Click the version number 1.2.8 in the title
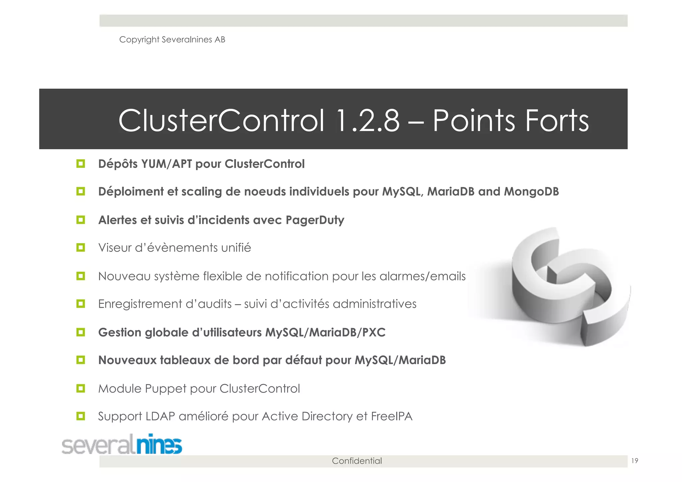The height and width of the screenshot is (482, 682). pos(368,121)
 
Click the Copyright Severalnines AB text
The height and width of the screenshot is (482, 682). pos(172,40)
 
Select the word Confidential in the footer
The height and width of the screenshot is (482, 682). pos(357,461)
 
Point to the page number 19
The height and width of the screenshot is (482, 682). pos(635,461)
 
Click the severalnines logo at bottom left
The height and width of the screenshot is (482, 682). pos(122,444)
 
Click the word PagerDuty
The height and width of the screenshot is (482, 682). pos(315,220)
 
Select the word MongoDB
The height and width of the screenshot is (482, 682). pos(531,192)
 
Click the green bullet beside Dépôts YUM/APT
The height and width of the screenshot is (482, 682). pos(81,164)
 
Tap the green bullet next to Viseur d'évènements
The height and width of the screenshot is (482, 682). pos(81,247)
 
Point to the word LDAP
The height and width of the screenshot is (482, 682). pos(161,416)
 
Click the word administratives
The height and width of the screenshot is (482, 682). pos(374,304)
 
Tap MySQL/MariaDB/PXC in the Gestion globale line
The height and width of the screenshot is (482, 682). pos(325,332)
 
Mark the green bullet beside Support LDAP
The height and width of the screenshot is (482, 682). pos(81,416)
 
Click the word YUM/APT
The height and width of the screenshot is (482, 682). pos(167,164)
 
